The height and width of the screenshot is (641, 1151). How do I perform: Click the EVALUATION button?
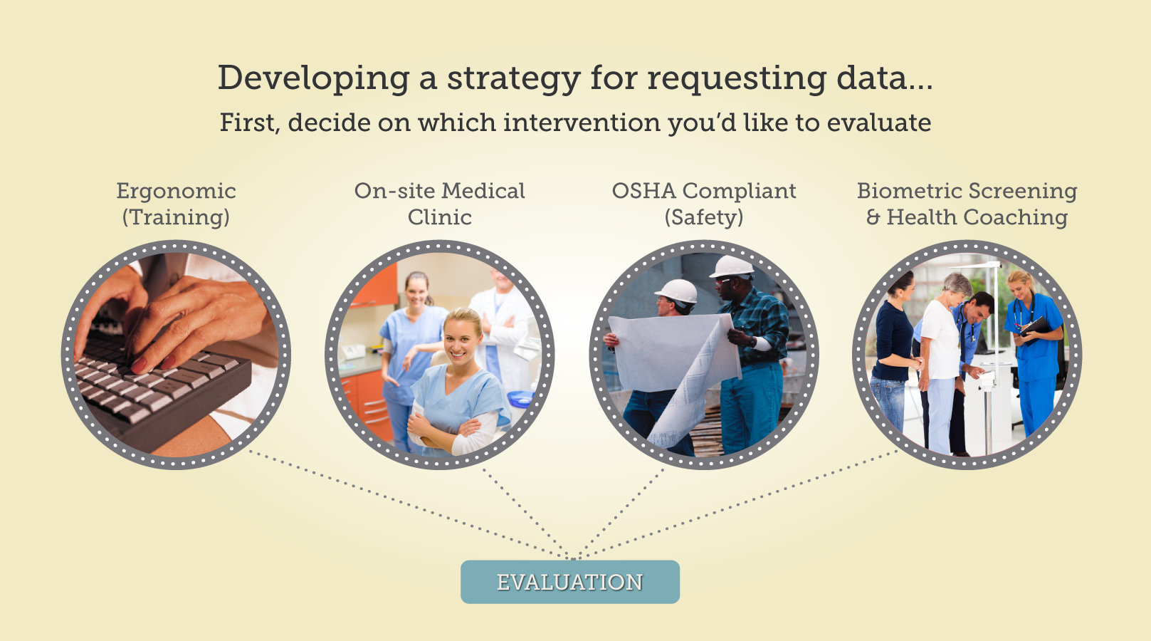[570, 582]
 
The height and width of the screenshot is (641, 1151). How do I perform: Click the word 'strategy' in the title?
[513, 78]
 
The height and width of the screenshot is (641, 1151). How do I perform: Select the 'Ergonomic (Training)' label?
[176, 204]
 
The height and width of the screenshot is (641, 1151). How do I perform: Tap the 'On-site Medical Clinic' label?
[440, 204]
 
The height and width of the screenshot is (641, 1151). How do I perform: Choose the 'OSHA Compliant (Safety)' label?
[704, 204]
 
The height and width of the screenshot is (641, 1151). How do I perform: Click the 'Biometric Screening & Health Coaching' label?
[967, 204]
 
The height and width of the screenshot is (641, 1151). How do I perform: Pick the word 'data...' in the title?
[884, 78]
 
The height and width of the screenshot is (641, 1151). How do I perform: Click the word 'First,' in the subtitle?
[250, 123]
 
